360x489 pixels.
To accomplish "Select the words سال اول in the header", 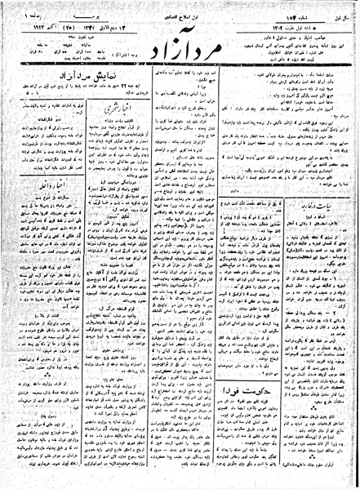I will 342,9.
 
